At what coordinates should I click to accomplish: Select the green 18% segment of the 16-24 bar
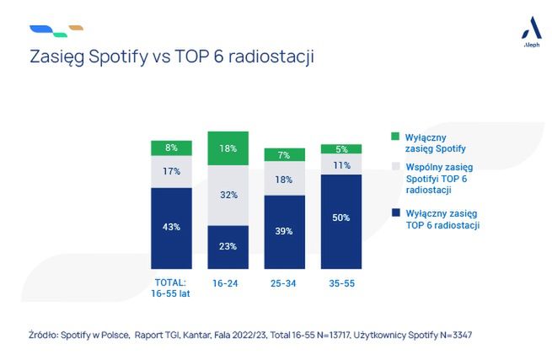[228, 148]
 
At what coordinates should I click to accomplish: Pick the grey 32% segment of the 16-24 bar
[228, 195]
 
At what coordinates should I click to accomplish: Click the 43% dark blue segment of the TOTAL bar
[171, 226]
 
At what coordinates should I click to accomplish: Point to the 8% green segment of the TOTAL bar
[171, 148]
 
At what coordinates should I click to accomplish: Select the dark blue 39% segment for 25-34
[285, 230]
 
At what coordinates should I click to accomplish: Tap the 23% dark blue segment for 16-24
[228, 245]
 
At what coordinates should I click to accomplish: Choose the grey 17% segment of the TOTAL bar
[171, 172]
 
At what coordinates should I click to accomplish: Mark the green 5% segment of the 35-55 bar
[341, 149]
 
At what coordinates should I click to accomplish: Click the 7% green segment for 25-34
[285, 154]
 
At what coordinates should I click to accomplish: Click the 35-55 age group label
[341, 283]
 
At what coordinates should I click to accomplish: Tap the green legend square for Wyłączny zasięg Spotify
[396, 136]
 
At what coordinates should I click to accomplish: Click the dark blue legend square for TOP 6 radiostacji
[396, 214]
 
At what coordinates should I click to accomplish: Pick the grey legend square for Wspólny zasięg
[396, 168]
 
